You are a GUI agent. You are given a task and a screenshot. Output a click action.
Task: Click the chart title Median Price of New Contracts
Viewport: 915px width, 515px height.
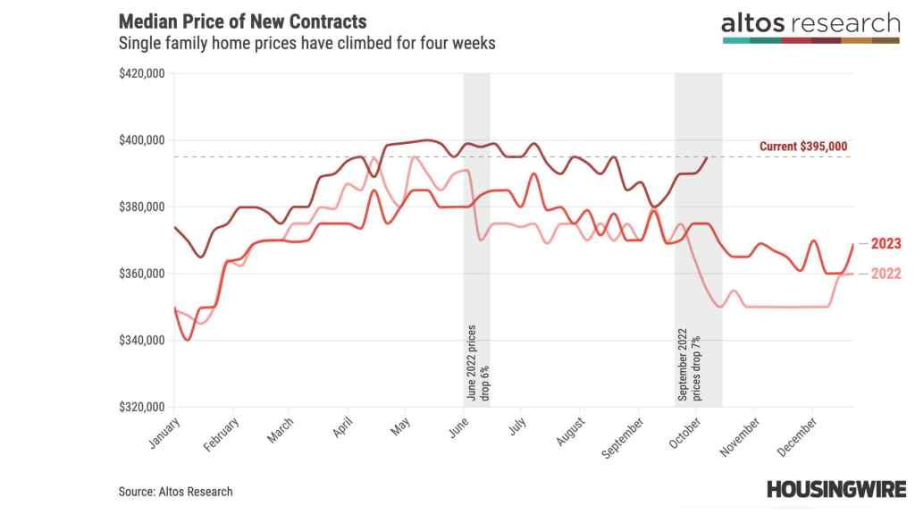(x=241, y=21)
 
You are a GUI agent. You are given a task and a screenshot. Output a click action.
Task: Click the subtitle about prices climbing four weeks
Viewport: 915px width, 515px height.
(x=306, y=43)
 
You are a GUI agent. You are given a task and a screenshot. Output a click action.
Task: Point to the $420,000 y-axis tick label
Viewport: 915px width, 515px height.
(x=141, y=73)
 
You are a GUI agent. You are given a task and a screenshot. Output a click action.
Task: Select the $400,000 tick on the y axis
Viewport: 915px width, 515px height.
(x=141, y=140)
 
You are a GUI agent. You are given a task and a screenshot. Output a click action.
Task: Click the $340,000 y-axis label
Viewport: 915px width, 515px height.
(x=141, y=341)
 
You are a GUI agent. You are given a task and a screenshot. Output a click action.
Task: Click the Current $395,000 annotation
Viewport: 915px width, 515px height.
(x=803, y=147)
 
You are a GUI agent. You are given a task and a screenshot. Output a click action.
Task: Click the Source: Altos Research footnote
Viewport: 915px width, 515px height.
(x=175, y=491)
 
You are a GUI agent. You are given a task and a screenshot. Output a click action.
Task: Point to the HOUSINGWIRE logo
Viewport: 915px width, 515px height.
(x=835, y=489)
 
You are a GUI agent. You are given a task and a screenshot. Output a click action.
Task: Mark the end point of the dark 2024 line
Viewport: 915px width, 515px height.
(x=708, y=157)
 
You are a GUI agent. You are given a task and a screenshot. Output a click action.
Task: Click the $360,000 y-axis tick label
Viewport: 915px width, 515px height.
(x=141, y=274)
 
